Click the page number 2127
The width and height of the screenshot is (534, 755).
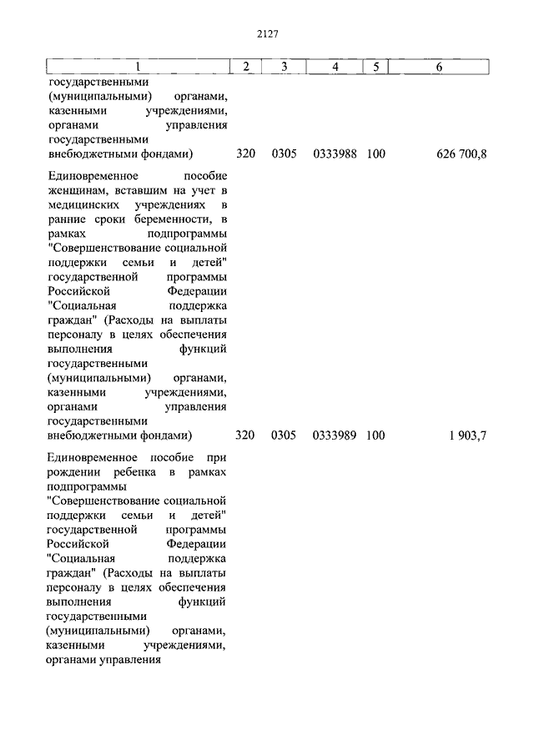[x=267, y=33]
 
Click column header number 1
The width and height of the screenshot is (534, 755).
[x=138, y=67]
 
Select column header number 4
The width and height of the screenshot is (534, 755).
[x=334, y=67]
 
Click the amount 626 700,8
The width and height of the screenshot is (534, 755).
[x=461, y=154]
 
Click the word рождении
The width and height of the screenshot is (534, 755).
[x=73, y=473]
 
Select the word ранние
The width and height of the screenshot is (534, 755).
[x=68, y=219]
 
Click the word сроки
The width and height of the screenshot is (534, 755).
[x=108, y=219]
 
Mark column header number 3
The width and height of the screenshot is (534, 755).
[x=284, y=67]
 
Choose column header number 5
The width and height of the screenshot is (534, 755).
[x=375, y=67]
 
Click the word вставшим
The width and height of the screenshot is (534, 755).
[x=139, y=191]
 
